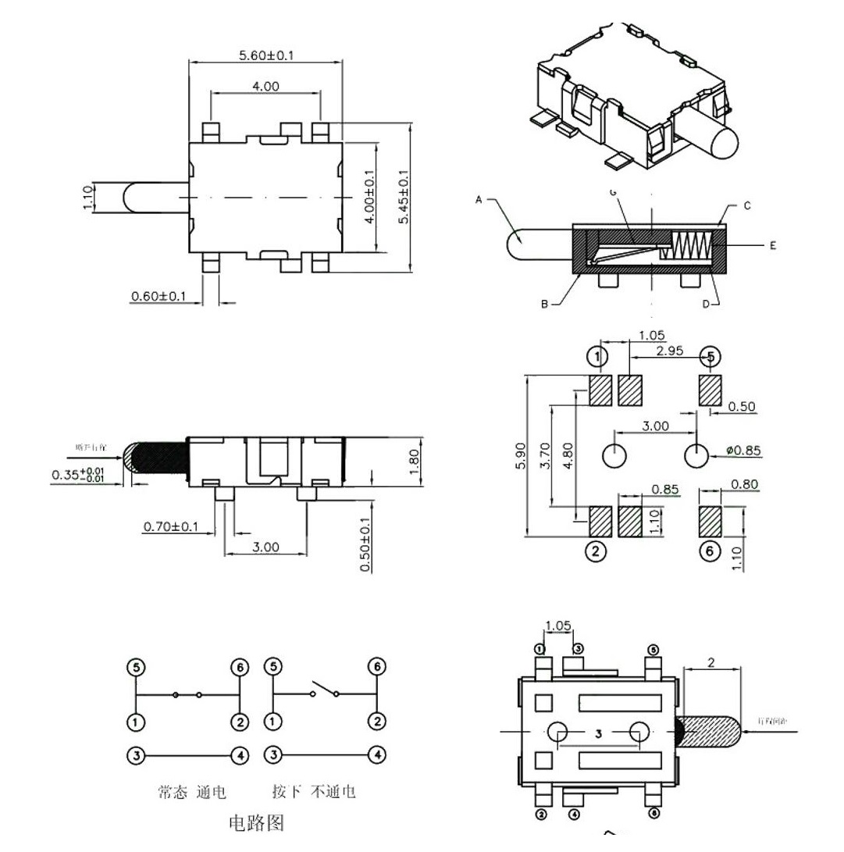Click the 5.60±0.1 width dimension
pos(266,55)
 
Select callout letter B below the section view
pos(544,305)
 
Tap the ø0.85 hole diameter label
pos(743,451)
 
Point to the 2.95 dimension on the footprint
pos(669,351)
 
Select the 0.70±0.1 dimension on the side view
pos(171,527)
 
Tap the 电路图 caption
pos(255,822)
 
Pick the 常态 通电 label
pos(192,792)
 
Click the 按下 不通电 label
pos(314,792)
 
